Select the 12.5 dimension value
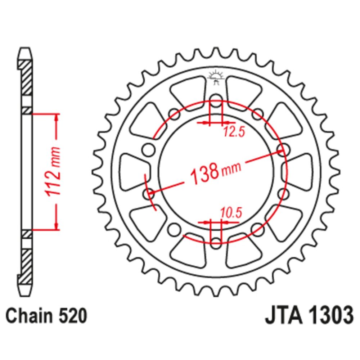tap(234, 132)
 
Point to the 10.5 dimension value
tap(231, 213)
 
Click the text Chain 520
tap(46, 316)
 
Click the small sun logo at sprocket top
tap(216, 77)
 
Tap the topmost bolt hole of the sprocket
tap(216, 101)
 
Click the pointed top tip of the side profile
tap(25, 48)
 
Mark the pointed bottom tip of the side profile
tap(25, 296)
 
